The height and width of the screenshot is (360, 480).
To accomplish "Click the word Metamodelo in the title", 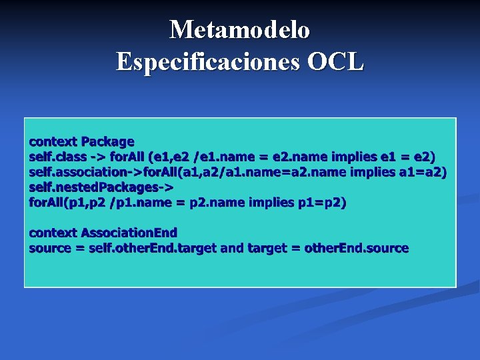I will click(239, 30).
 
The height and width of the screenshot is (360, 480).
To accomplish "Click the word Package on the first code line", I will click(107, 141).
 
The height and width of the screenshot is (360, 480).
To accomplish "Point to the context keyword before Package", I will click(53, 141).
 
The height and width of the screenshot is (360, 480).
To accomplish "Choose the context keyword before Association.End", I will click(53, 233).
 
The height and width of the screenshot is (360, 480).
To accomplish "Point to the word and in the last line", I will click(231, 248).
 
